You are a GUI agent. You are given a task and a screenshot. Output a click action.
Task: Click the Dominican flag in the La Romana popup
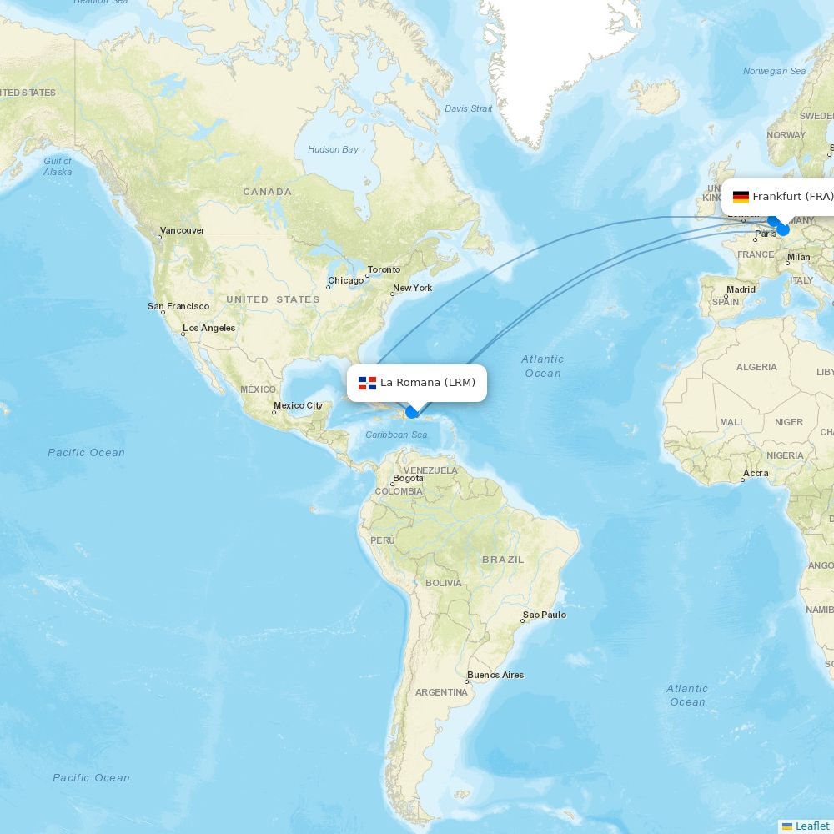(367, 383)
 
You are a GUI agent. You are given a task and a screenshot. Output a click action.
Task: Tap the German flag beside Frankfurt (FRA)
(741, 197)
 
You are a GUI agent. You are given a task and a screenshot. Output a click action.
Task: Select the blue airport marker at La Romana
(411, 412)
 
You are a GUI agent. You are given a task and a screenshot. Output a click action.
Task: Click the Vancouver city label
(183, 230)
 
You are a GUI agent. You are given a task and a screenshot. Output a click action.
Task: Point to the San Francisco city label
(178, 306)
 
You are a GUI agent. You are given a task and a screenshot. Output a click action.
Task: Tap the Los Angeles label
(209, 328)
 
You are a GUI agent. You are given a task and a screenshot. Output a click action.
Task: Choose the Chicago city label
(346, 280)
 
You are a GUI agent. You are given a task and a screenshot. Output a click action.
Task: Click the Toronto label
(384, 269)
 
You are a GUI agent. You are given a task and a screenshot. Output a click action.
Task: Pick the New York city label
(413, 288)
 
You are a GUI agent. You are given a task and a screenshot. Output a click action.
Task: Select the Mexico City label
(298, 405)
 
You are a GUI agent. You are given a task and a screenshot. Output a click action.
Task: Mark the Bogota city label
(408, 478)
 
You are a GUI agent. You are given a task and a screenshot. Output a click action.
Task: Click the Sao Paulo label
(545, 615)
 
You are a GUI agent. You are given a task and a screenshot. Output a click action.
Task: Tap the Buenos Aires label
(495, 675)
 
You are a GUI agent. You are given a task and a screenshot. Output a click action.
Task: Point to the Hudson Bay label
(334, 149)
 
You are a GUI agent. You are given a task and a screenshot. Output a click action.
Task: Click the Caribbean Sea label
(396, 435)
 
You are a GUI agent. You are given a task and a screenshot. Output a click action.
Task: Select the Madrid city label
(741, 289)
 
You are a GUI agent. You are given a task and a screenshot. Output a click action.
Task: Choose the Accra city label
(756, 473)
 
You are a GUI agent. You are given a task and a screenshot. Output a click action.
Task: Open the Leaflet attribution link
(811, 826)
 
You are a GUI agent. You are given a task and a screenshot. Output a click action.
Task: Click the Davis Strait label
(469, 108)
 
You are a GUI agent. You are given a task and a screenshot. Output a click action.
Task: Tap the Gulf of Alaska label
(58, 166)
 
